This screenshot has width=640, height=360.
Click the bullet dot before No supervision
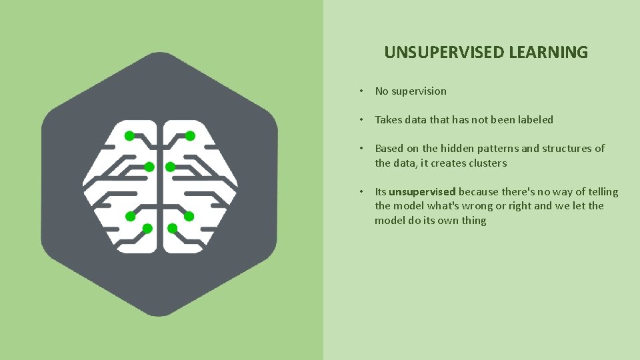click(360, 91)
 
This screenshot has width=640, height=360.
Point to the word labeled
click(531, 120)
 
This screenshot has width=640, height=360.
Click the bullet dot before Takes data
click(360, 120)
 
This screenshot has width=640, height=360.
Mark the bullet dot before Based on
click(360, 149)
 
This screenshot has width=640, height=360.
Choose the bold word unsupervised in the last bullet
click(422, 192)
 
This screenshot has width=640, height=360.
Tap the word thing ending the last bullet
click(473, 221)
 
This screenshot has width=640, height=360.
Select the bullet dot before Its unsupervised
click(360, 192)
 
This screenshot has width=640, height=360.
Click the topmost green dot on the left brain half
click(129, 135)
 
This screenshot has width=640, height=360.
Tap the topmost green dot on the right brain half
click(190, 136)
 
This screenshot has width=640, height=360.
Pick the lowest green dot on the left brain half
click(147, 229)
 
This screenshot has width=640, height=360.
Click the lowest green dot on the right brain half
click(173, 229)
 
